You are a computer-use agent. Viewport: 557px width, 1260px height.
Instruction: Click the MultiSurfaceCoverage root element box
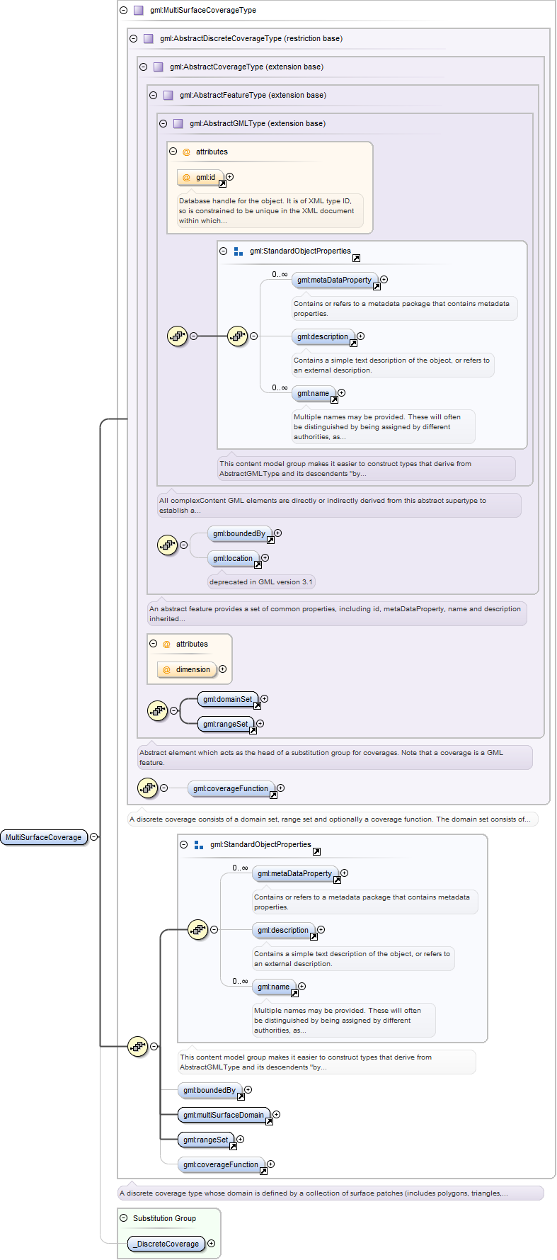tap(44, 837)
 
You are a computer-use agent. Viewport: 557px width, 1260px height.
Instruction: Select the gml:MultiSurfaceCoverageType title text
tap(203, 11)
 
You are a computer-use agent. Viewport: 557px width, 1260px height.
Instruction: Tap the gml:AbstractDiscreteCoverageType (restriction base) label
tap(251, 39)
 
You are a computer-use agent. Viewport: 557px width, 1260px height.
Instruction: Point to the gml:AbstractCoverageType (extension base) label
tap(246, 67)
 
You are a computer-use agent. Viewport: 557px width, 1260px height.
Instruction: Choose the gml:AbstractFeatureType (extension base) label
tap(253, 96)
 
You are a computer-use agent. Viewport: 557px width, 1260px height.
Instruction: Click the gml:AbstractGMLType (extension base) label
tap(258, 124)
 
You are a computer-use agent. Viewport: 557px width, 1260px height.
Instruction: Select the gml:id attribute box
tap(201, 177)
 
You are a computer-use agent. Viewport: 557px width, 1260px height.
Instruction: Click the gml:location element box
tap(234, 559)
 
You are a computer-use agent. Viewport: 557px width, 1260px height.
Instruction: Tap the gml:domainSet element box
tap(228, 700)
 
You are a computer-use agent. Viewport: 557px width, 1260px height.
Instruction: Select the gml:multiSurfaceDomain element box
tap(224, 1116)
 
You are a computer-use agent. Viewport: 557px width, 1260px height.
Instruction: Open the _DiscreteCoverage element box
tap(166, 1244)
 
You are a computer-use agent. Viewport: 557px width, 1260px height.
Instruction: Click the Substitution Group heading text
tap(164, 1218)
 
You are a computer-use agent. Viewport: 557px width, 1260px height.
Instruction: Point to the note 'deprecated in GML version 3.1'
tap(260, 582)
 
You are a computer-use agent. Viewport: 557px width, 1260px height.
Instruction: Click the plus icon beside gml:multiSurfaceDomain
tap(277, 1115)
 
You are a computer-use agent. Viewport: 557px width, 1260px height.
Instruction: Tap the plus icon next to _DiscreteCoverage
tap(212, 1244)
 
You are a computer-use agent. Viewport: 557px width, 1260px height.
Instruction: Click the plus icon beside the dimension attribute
tap(223, 669)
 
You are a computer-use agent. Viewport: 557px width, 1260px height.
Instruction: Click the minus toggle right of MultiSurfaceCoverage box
tap(94, 837)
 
